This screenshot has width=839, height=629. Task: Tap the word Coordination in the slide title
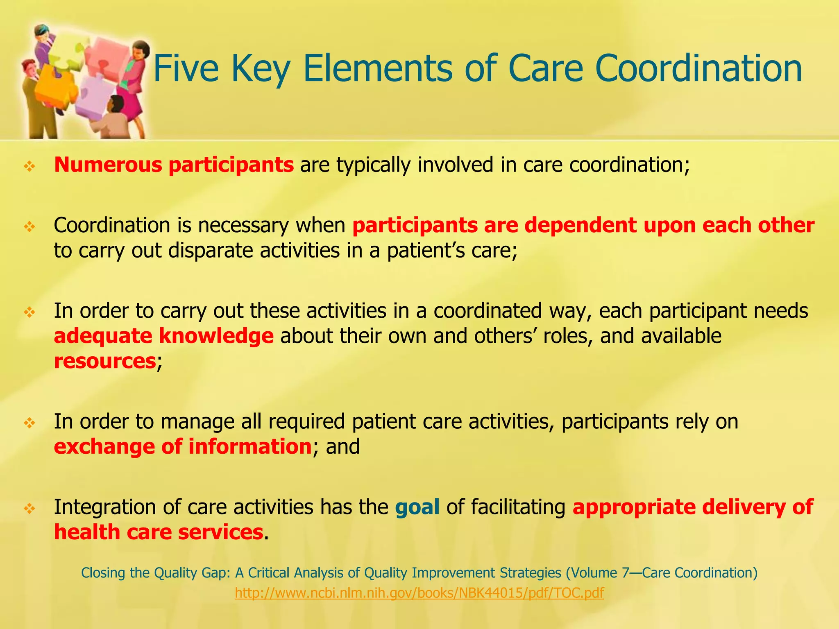click(696, 69)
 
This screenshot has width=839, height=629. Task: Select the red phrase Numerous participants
click(174, 165)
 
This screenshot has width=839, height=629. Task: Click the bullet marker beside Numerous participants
click(30, 166)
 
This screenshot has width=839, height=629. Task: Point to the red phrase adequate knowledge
click(163, 336)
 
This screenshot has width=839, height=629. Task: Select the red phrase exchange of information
click(183, 446)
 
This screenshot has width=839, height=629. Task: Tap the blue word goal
click(417, 507)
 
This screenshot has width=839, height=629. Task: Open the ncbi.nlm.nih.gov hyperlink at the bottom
click(419, 593)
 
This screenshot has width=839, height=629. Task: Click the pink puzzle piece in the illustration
click(107, 57)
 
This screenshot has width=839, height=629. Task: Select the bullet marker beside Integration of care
click(30, 509)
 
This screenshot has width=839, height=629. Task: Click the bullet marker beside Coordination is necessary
click(30, 226)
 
